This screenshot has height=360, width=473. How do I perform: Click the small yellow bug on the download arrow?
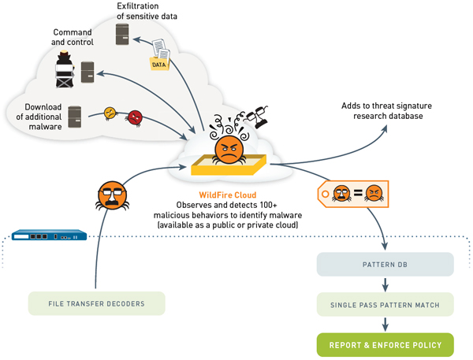[110, 113]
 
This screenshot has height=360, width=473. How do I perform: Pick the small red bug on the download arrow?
[135, 117]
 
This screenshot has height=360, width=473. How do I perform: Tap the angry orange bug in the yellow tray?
[228, 149]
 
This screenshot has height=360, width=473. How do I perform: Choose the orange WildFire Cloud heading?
[229, 193]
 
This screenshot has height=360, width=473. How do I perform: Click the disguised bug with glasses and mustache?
[113, 195]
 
